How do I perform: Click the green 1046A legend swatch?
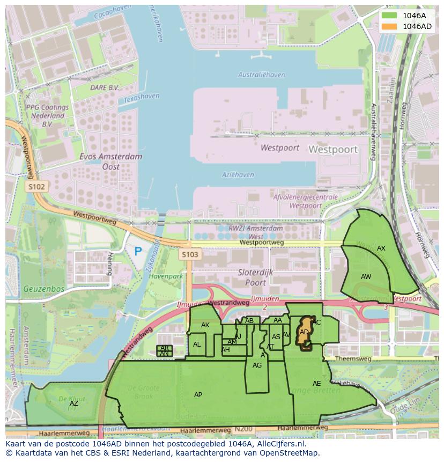(x=390, y=16)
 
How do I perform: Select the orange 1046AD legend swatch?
(x=390, y=26)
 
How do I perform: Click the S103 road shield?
(x=190, y=254)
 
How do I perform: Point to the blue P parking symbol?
(x=138, y=251)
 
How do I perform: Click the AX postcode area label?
(x=381, y=248)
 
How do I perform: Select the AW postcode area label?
(x=366, y=277)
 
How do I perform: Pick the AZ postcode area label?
(x=73, y=403)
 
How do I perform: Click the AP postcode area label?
(x=198, y=395)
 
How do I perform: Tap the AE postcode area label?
(x=316, y=384)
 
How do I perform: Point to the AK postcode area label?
(x=205, y=325)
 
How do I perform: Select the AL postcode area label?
(x=197, y=344)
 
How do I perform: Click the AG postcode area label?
(x=257, y=365)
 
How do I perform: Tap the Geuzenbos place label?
(x=43, y=289)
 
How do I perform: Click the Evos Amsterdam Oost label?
(x=110, y=162)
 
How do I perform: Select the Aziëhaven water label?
(x=238, y=175)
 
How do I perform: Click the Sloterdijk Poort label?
(x=255, y=277)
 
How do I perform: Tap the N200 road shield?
(x=242, y=430)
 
